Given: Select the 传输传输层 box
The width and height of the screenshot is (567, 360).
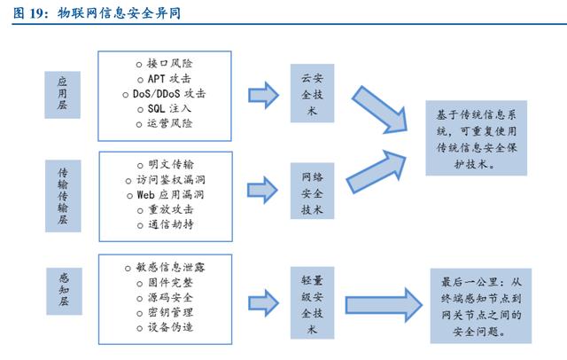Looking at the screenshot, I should coord(63,195).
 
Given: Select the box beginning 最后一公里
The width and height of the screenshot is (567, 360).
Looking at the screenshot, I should coord(481,304).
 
